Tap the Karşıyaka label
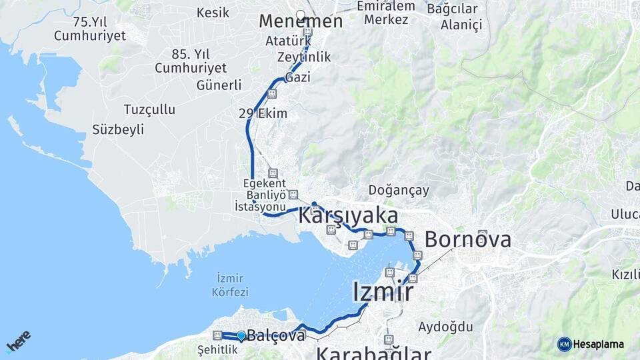(348, 216)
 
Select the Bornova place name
(468, 239)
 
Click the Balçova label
(276, 336)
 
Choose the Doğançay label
(399, 191)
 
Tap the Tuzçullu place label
(149, 109)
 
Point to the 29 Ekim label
(263, 113)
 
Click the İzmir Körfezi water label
(230, 285)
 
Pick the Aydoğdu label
(445, 327)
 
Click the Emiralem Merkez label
(386, 13)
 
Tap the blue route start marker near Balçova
(241, 336)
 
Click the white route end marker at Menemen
(300, 14)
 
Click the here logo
(18, 341)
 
